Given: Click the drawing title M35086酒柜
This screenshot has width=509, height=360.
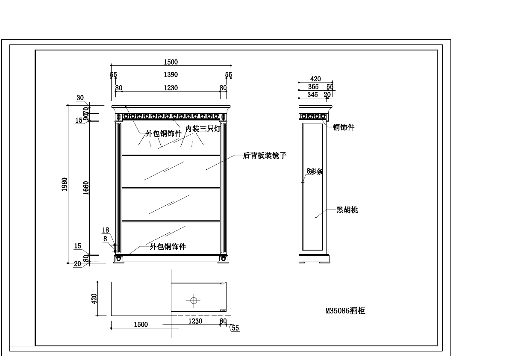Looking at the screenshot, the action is (x=345, y=311).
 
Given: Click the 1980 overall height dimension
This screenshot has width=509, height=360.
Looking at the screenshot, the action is (x=65, y=184).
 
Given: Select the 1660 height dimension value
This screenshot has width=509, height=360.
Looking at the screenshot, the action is (x=86, y=188).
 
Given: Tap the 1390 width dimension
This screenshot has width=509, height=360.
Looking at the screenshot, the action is (x=171, y=75).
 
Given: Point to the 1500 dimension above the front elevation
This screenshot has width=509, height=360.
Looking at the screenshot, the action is (x=171, y=62).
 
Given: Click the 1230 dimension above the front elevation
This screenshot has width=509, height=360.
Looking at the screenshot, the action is (x=171, y=88).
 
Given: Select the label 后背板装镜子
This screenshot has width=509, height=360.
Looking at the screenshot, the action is (x=265, y=156).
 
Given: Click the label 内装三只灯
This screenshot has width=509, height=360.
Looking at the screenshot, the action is (x=203, y=128).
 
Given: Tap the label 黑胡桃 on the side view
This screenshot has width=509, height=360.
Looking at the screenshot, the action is (x=347, y=210).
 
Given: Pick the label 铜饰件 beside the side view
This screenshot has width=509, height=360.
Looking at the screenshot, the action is (x=344, y=127).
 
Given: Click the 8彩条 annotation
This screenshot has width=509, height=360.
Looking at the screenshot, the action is (x=315, y=171).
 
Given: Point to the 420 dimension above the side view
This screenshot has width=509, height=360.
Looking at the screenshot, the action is (x=315, y=79).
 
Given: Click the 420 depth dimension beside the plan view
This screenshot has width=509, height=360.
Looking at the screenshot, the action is (x=95, y=298).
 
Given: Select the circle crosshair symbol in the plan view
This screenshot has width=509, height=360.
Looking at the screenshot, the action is (x=194, y=300).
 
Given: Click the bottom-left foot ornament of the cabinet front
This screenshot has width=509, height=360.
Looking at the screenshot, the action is (x=119, y=259).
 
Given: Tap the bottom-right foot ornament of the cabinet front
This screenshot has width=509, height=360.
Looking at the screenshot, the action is (x=223, y=259).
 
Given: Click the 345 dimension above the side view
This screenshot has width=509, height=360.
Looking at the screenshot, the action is (x=313, y=95).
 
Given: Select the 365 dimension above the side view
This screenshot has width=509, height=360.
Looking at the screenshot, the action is (x=313, y=87).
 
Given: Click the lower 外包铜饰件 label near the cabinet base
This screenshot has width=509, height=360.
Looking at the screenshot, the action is (x=168, y=247).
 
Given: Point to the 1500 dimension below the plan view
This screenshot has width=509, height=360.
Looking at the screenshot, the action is (x=141, y=325).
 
